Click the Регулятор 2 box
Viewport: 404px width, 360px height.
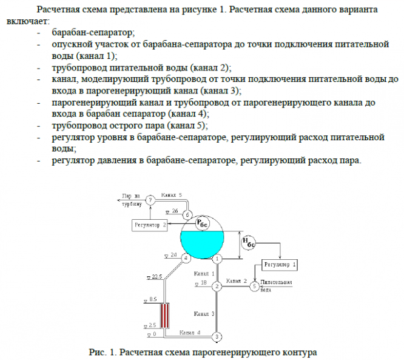[x=150, y=225]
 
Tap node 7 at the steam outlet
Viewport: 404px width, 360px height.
[x=150, y=200]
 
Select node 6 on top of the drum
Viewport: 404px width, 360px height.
[x=187, y=214]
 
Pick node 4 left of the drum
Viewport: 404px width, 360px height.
[x=186, y=259]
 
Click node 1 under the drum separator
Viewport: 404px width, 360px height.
[x=217, y=259]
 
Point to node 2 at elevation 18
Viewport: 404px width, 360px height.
[x=217, y=286]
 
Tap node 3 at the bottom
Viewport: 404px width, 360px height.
[x=218, y=336]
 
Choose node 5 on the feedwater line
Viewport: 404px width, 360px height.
[x=254, y=286]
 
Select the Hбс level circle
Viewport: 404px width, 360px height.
[x=249, y=243]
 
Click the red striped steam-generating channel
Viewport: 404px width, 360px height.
[x=166, y=316]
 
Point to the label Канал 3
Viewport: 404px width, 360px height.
[x=204, y=314]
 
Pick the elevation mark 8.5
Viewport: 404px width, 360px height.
[x=152, y=299]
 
